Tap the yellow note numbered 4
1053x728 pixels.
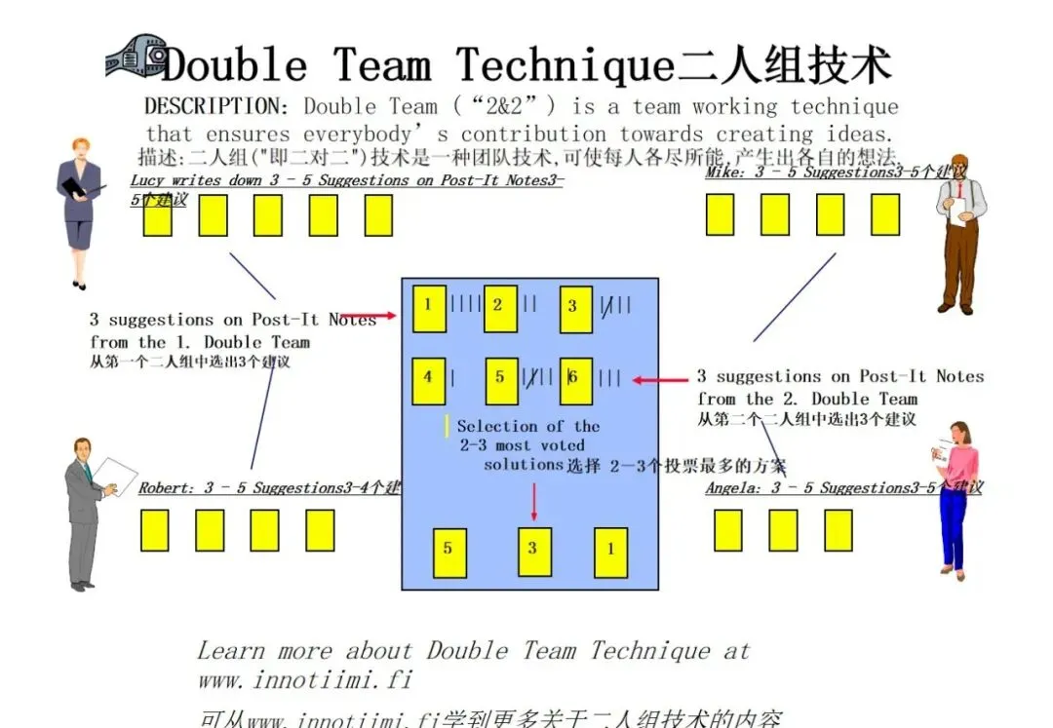click(x=428, y=378)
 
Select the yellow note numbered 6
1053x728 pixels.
click(x=575, y=380)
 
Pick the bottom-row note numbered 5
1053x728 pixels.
click(x=448, y=551)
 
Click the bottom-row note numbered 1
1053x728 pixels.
click(x=610, y=552)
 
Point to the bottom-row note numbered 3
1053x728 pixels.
click(x=533, y=551)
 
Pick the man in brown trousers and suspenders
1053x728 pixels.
click(x=960, y=234)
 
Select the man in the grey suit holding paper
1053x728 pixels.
click(x=86, y=512)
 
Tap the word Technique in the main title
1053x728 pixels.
click(x=565, y=66)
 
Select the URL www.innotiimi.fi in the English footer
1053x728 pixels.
click(x=306, y=679)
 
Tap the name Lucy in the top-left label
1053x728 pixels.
click(x=148, y=180)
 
